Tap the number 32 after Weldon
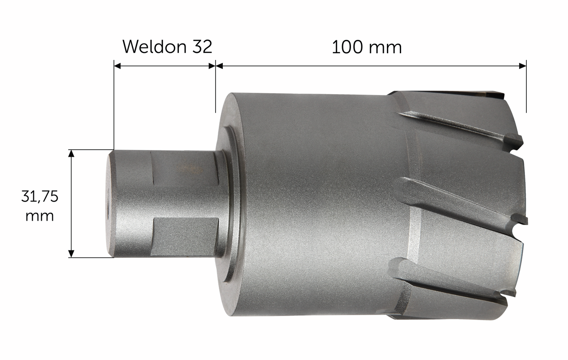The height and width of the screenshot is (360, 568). click(x=202, y=47)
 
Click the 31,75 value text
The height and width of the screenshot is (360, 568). click(x=39, y=197)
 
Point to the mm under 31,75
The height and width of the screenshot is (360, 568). click(x=39, y=216)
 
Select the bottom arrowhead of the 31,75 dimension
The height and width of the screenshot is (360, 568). click(x=71, y=254)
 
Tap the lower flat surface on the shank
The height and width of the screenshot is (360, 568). click(x=185, y=236)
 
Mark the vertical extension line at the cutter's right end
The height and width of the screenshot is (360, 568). click(x=526, y=89)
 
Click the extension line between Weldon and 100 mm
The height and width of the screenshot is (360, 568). click(x=215, y=89)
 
